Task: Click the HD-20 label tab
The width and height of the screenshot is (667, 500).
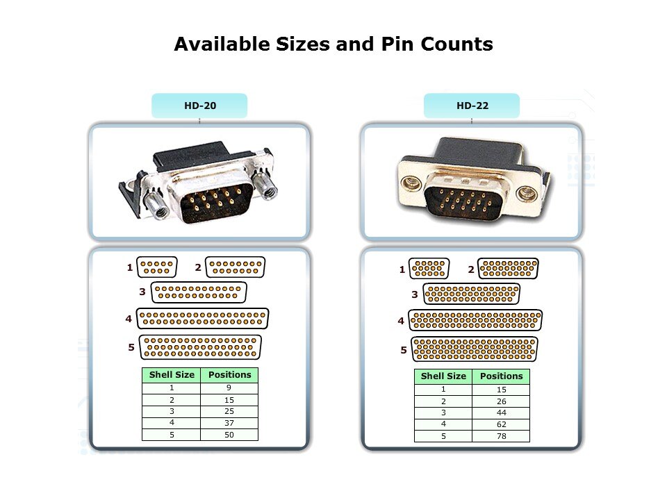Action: pyautogui.click(x=199, y=106)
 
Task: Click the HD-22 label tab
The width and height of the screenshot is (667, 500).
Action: pyautogui.click(x=472, y=106)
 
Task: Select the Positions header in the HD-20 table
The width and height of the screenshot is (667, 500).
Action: pyautogui.click(x=229, y=375)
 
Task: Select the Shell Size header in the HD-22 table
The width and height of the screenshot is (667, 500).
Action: pyautogui.click(x=443, y=376)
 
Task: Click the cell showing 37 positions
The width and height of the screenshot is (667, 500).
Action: pyautogui.click(x=229, y=423)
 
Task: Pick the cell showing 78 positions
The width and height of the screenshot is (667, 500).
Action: pyautogui.click(x=501, y=436)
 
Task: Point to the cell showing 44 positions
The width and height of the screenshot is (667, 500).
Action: pyautogui.click(x=501, y=412)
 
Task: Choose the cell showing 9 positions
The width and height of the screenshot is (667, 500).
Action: pyautogui.click(x=229, y=387)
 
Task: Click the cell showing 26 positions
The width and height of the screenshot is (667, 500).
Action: pyautogui.click(x=501, y=401)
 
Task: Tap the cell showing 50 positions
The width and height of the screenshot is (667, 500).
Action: pyautogui.click(x=229, y=435)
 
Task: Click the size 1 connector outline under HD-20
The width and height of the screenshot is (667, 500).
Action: pyautogui.click(x=156, y=267)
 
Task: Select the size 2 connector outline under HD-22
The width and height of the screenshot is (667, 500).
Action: pyautogui.click(x=508, y=268)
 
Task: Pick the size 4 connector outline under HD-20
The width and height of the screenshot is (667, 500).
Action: pyautogui.click(x=202, y=319)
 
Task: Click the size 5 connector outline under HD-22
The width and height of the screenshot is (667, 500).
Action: pyautogui.click(x=475, y=349)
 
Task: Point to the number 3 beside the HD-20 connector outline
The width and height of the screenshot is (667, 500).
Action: pyautogui.click(x=142, y=292)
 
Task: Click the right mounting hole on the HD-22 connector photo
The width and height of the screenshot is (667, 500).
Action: pyautogui.click(x=526, y=194)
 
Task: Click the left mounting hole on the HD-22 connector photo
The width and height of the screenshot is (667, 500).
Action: pyautogui.click(x=411, y=183)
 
